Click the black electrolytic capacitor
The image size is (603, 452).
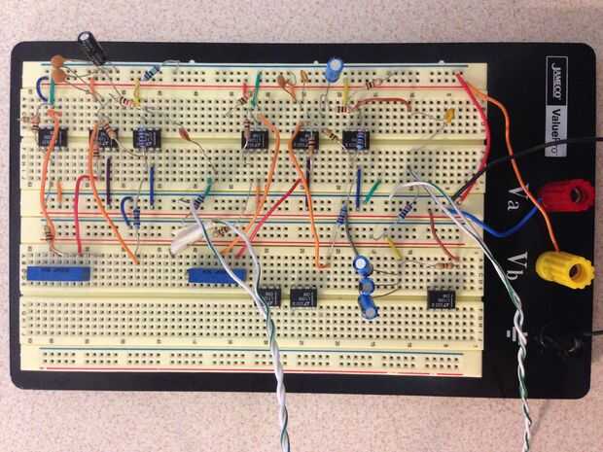point(92,45)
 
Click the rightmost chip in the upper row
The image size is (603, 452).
point(356,139)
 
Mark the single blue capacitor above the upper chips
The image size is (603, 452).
point(335,67)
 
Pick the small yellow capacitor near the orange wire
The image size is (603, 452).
point(449,116)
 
